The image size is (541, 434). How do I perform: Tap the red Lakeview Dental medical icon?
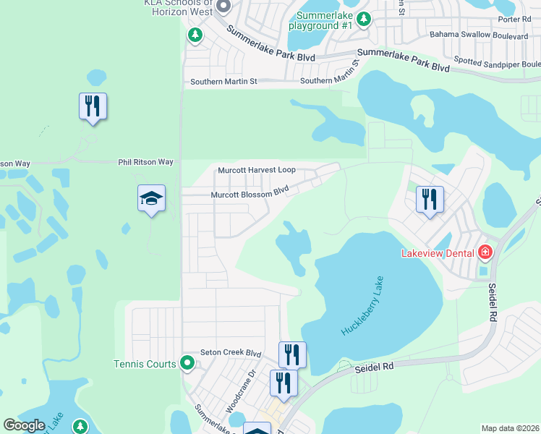pyautogui.click(x=485, y=252)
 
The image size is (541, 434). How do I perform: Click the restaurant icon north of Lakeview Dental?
pyautogui.click(x=430, y=199)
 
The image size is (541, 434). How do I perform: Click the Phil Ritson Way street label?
pyautogui.click(x=146, y=163)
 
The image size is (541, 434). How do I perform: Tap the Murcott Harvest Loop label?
pyautogui.click(x=257, y=170)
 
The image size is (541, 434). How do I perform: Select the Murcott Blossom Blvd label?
pyautogui.click(x=250, y=194)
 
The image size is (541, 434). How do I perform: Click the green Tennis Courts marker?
pyautogui.click(x=188, y=362)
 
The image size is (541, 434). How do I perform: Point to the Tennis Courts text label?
pyautogui.click(x=145, y=364)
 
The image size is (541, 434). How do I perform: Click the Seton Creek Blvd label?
pyautogui.click(x=230, y=352)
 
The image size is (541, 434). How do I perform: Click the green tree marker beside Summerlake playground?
pyautogui.click(x=365, y=19)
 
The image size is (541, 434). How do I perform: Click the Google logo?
pyautogui.click(x=24, y=425)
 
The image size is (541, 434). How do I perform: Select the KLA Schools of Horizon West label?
pyautogui.click(x=178, y=7)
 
